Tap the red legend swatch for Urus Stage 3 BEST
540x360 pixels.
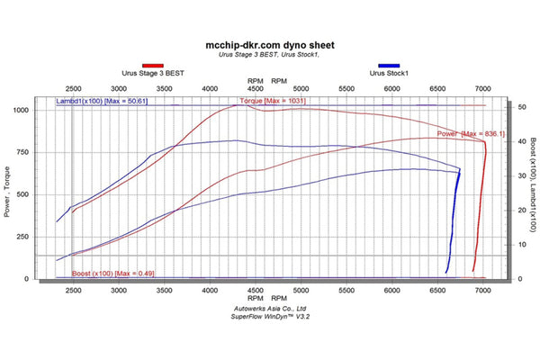(154, 66)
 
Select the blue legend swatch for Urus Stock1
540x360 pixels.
(389, 66)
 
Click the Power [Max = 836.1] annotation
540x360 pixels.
(471, 133)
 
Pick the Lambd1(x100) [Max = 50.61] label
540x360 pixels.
(102, 102)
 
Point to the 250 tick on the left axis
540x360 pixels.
(45, 237)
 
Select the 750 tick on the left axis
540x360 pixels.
(45, 152)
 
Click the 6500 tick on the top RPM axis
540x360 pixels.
(438, 89)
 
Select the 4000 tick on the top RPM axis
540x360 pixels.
(210, 89)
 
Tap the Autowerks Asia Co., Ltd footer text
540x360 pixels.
(270, 308)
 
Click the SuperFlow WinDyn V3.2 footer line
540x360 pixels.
(270, 316)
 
